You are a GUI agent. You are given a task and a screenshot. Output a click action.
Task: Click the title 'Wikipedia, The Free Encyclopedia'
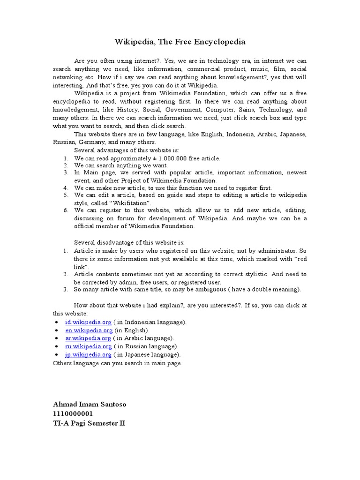(180, 42)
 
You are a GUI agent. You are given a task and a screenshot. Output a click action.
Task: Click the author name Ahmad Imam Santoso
(90, 405)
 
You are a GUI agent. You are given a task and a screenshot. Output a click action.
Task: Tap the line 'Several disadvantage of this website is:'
(129, 242)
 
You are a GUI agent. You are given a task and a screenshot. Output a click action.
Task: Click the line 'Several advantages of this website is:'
(127, 150)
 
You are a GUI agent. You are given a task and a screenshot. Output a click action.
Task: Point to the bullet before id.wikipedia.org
(57, 322)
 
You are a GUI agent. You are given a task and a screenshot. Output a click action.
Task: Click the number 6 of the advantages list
(66, 210)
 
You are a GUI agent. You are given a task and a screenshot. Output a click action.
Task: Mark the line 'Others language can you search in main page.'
(117, 363)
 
